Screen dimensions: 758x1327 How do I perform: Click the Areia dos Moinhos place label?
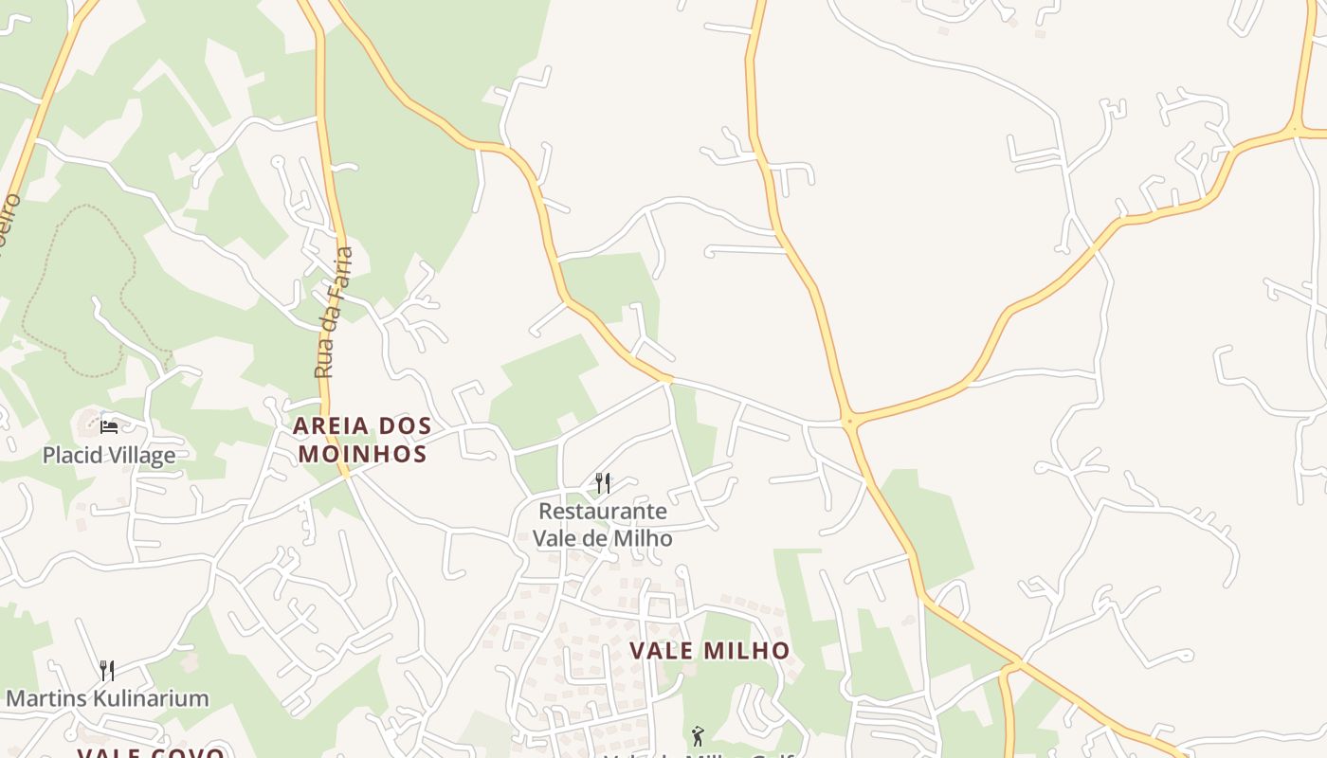pyautogui.click(x=361, y=440)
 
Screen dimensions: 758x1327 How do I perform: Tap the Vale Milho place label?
pyautogui.click(x=710, y=651)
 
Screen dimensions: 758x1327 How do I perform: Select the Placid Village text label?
pyautogui.click(x=109, y=456)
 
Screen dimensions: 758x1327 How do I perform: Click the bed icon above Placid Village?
pyautogui.click(x=109, y=427)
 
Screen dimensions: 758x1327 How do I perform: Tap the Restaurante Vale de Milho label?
pyautogui.click(x=603, y=525)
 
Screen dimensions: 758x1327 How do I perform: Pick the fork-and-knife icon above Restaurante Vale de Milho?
pyautogui.click(x=603, y=483)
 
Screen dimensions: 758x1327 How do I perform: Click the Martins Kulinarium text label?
pyautogui.click(x=107, y=699)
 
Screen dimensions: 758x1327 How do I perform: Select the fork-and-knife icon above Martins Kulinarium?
pyautogui.click(x=107, y=671)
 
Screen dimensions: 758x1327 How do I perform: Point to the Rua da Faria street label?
pyautogui.click(x=335, y=313)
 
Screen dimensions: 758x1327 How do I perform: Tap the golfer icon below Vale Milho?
pyautogui.click(x=698, y=735)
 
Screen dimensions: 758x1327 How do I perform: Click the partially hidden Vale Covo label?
pyautogui.click(x=151, y=753)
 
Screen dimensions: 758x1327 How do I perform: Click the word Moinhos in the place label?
pyautogui.click(x=361, y=454)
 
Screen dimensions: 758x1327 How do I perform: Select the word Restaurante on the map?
pyautogui.click(x=603, y=512)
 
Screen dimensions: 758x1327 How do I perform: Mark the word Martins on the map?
pyautogui.click(x=44, y=699)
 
